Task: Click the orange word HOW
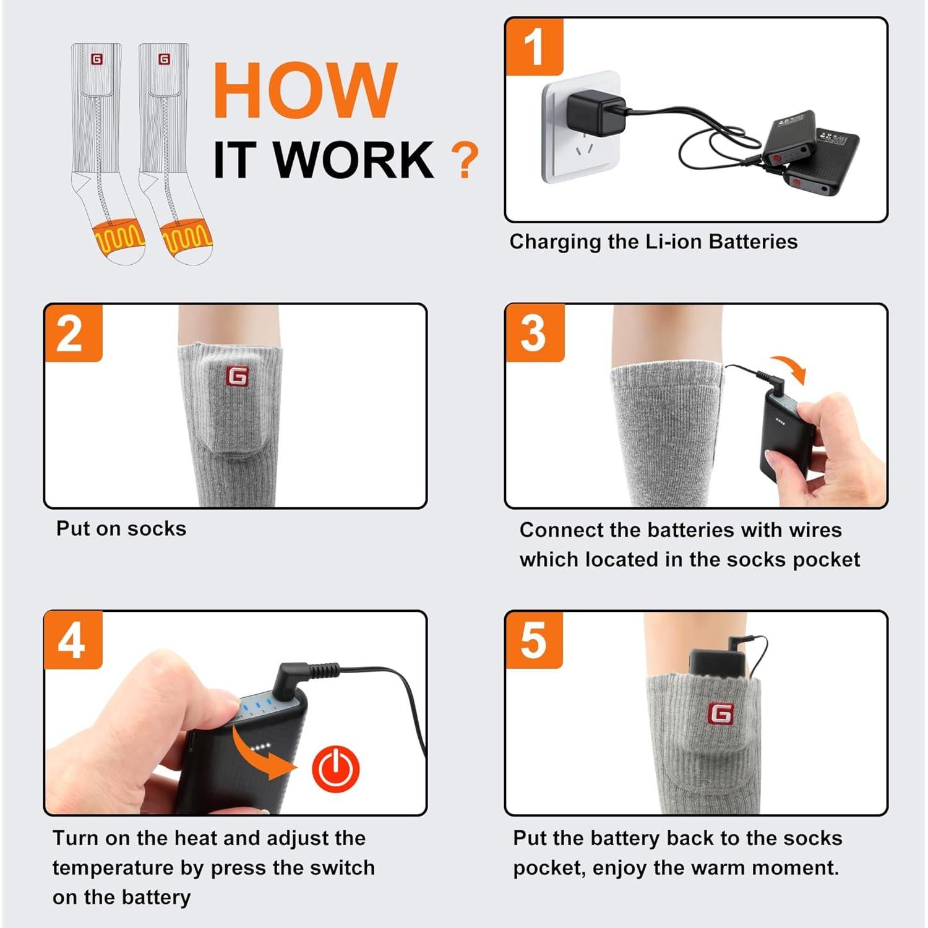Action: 305,90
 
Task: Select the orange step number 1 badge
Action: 535,47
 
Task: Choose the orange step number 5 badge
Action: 535,640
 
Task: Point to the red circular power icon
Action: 336,768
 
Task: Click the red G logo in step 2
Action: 237,376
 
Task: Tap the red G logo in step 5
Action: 721,713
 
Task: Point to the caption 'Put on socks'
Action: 121,528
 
